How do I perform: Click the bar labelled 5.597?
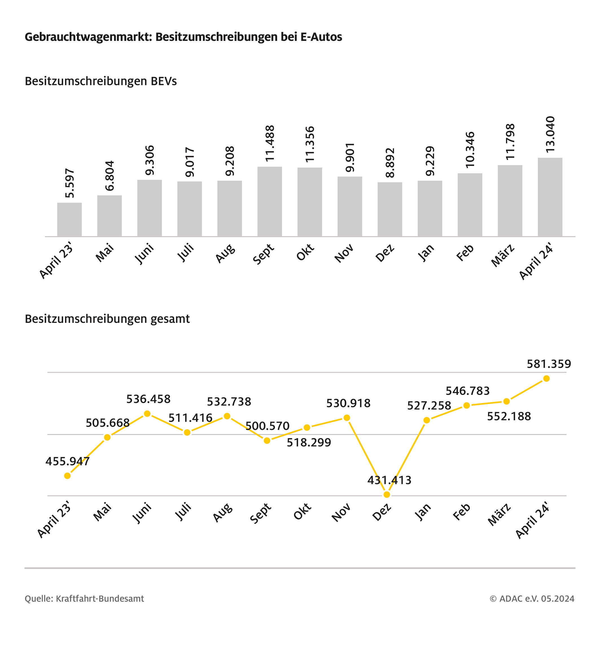(x=69, y=220)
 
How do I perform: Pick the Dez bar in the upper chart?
(x=390, y=209)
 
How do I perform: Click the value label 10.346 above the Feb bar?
(x=470, y=150)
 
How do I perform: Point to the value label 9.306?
(x=150, y=160)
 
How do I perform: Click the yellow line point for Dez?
(x=387, y=495)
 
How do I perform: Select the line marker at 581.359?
(x=546, y=378)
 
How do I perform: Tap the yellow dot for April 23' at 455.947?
(x=67, y=476)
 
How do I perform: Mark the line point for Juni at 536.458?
(x=147, y=414)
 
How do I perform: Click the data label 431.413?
(x=389, y=480)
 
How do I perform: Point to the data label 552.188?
(x=509, y=416)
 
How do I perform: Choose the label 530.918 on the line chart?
(x=348, y=403)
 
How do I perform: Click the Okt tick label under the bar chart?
(x=305, y=252)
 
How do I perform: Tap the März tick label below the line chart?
(x=499, y=514)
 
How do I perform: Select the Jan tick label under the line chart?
(x=423, y=512)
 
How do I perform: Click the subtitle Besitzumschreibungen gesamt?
(x=107, y=319)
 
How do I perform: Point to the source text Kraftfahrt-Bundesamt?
(x=100, y=598)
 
